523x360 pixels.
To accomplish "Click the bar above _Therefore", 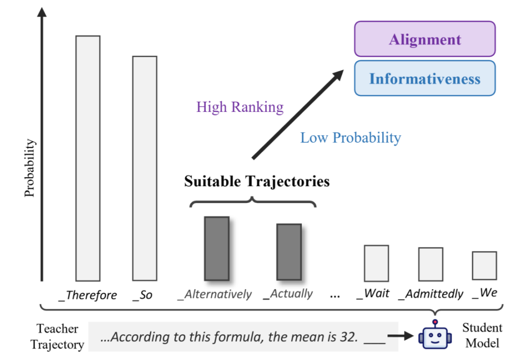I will [x=88, y=158].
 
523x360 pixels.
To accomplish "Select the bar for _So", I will [x=145, y=168].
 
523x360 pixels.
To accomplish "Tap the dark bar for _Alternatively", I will [x=216, y=248].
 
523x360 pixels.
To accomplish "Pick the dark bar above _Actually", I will [x=289, y=251].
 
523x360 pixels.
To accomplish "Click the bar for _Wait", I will [x=376, y=263].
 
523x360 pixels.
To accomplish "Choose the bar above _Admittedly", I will [x=431, y=264].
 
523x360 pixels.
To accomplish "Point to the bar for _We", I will [x=484, y=266].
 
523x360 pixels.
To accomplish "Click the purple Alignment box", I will [x=425, y=39].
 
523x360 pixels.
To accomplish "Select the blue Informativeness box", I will [x=425, y=78].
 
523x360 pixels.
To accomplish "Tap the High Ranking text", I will [x=240, y=107].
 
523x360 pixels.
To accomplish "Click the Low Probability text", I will [x=351, y=138].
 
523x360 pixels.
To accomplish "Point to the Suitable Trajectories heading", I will [x=257, y=182].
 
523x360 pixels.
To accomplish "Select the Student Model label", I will [x=482, y=335].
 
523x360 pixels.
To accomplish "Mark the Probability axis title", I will [x=30, y=168].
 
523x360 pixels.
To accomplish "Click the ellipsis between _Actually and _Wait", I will [x=335, y=294].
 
